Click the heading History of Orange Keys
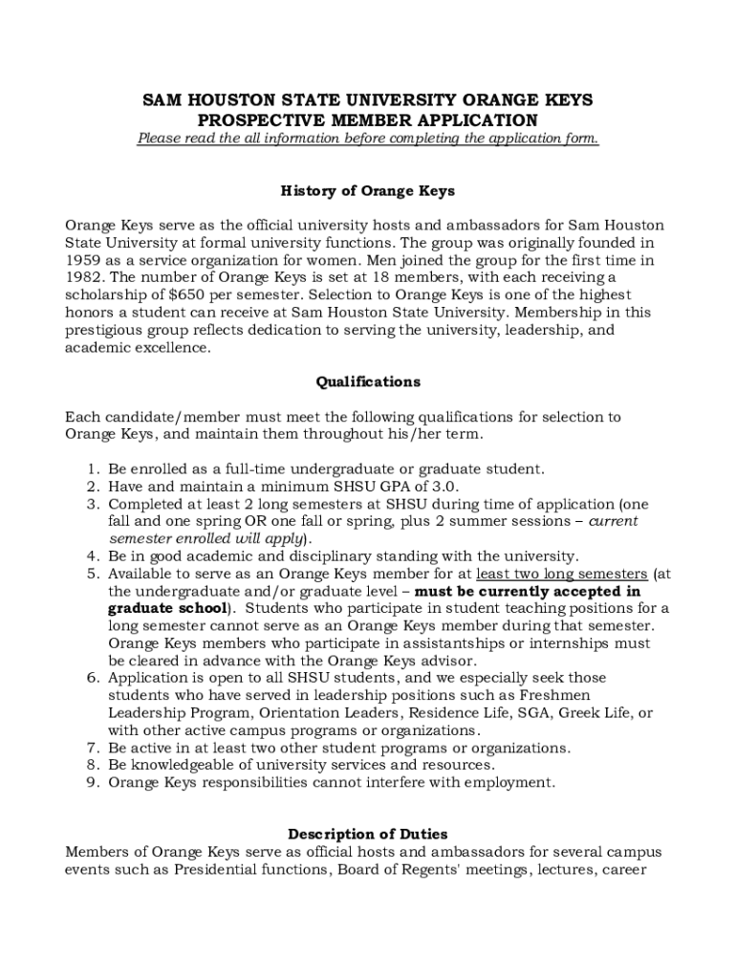pos(368,191)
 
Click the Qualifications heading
pos(368,381)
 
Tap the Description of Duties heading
pos(368,835)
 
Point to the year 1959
pos(84,260)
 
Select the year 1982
pos(84,277)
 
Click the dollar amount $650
pos(167,295)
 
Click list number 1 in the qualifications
pos(92,469)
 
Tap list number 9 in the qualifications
pos(92,782)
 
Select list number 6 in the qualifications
pos(92,678)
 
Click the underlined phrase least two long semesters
pos(561,574)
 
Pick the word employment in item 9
pos(511,782)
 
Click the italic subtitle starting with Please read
pos(368,139)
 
